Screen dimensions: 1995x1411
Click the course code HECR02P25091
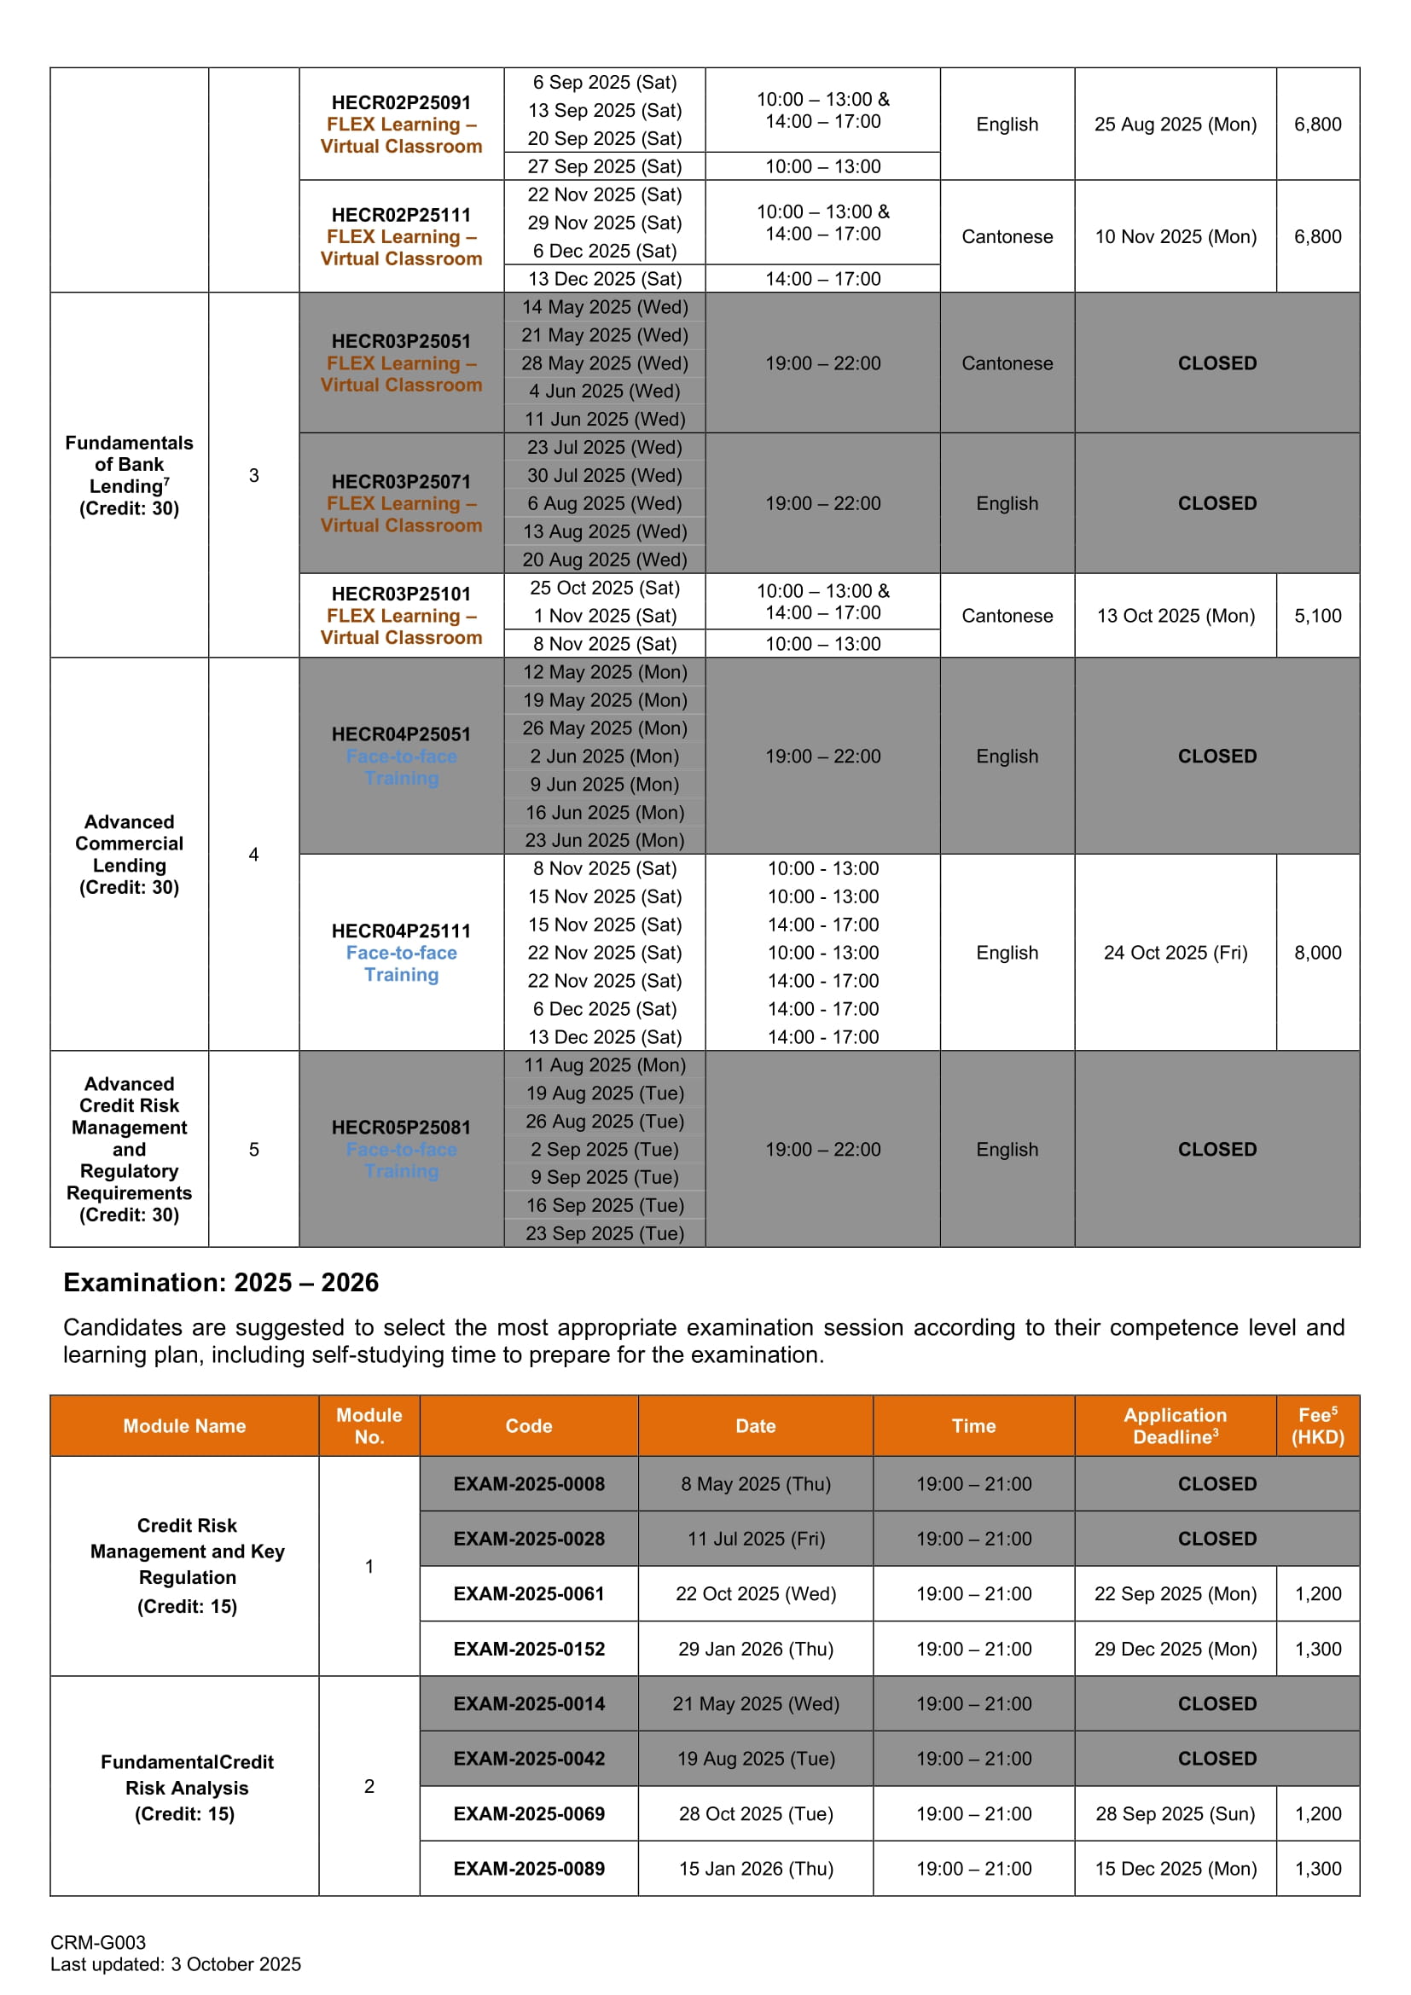[x=401, y=102]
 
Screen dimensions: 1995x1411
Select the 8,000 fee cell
[x=1317, y=953]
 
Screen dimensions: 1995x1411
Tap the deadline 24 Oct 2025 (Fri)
[x=1175, y=953]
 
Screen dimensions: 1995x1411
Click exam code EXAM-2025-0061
[x=528, y=1593]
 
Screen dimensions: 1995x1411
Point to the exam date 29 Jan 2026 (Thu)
[x=755, y=1649]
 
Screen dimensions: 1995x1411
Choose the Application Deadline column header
[x=1175, y=1426]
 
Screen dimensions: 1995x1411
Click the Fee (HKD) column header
[x=1317, y=1426]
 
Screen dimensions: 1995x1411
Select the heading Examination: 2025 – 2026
[x=221, y=1283]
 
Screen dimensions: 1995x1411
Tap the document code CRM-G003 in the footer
[x=98, y=1942]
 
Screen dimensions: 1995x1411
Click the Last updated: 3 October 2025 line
[x=176, y=1963]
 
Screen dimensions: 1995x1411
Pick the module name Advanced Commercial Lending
[x=130, y=854]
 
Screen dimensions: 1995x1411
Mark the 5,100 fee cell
[x=1317, y=615]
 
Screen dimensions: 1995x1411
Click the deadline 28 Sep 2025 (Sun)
[x=1175, y=1813]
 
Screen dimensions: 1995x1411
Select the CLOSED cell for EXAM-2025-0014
[x=1216, y=1703]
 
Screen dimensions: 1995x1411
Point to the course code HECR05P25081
[x=401, y=1127]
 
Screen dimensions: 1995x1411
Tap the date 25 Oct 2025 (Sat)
[x=605, y=588]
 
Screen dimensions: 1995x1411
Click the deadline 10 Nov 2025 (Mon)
[x=1175, y=236]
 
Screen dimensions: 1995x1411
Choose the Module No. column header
[x=369, y=1426]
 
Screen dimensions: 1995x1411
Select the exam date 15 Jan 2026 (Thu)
[x=755, y=1868]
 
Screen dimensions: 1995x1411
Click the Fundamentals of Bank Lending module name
[x=130, y=474]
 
